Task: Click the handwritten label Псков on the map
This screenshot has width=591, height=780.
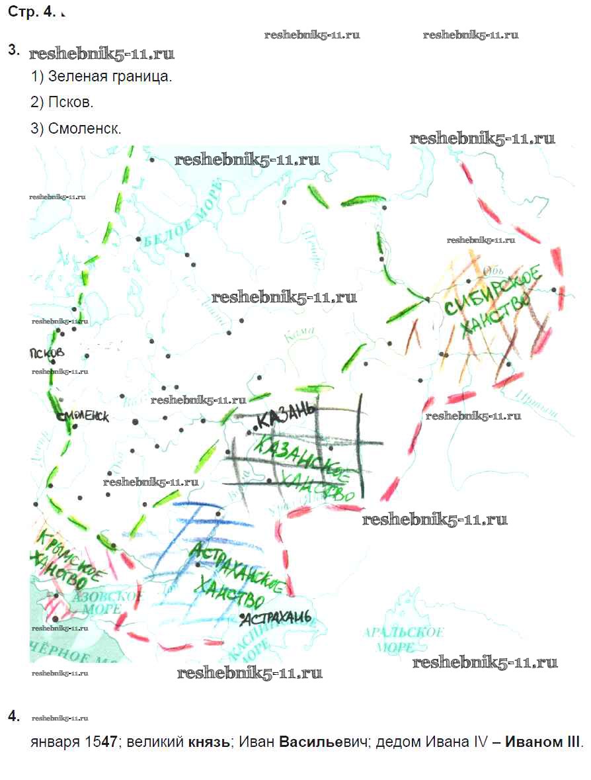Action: pyautogui.click(x=47, y=352)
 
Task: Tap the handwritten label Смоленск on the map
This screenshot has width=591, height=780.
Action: pyautogui.click(x=82, y=417)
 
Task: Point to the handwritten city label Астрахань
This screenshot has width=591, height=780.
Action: pyautogui.click(x=276, y=619)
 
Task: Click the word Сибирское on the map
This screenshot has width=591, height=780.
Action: pyautogui.click(x=492, y=290)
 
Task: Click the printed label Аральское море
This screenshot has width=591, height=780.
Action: pyautogui.click(x=403, y=639)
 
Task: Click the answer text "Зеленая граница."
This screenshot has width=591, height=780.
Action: pyautogui.click(x=110, y=76)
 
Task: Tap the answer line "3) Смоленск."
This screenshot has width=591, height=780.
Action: pyautogui.click(x=76, y=128)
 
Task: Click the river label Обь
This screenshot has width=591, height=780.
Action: pyautogui.click(x=494, y=270)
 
